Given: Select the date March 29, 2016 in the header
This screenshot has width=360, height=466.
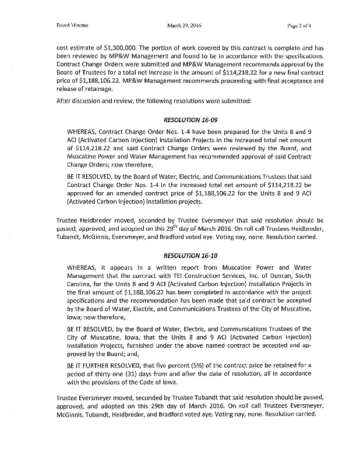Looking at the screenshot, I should pos(183,26).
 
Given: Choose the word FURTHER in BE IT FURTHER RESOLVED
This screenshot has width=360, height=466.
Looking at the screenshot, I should pos(100,364).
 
